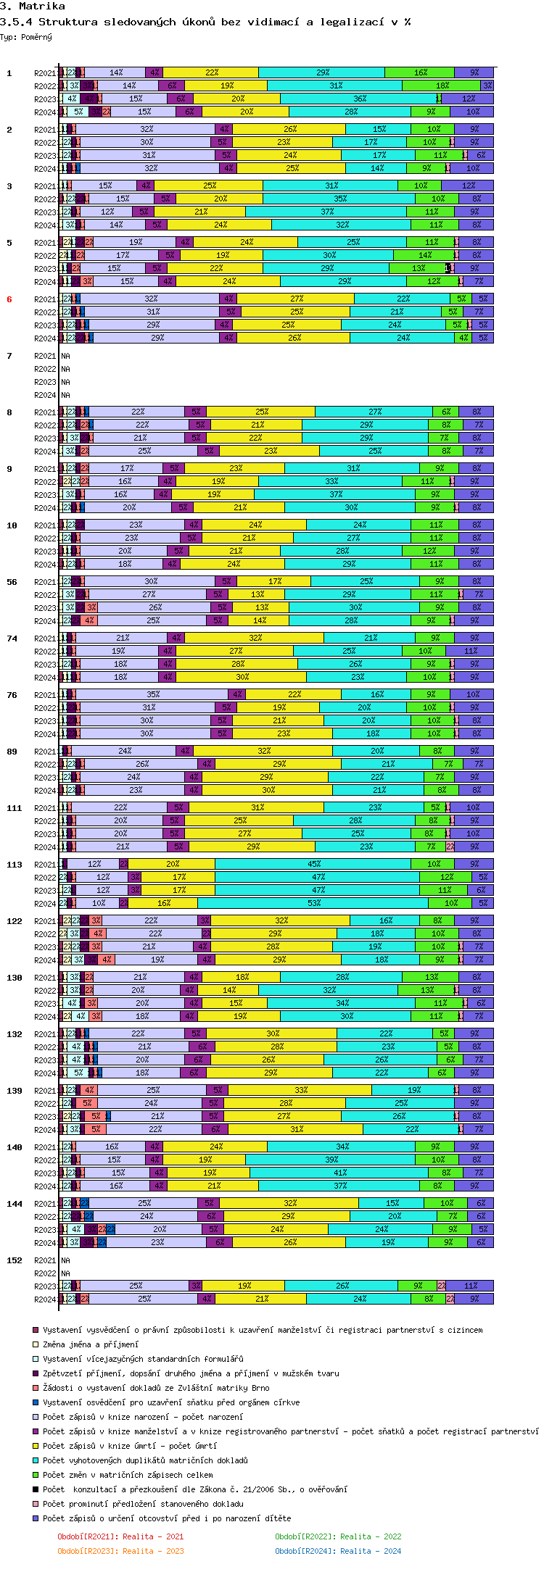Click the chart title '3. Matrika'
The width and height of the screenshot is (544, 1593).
[x=33, y=7]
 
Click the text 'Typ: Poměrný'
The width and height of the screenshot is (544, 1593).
[x=26, y=37]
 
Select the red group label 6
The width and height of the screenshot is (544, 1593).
[x=9, y=299]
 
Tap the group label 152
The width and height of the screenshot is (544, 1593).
[x=15, y=1260]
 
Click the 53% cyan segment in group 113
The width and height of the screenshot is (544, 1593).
[x=313, y=903]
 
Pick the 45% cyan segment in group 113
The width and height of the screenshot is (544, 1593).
[x=313, y=864]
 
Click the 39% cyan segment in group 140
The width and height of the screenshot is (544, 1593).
[x=331, y=1160]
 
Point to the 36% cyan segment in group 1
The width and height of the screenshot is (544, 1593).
[x=360, y=99]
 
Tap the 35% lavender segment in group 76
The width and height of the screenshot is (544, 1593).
[x=152, y=694]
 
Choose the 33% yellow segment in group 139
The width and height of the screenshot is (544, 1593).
[x=301, y=1090]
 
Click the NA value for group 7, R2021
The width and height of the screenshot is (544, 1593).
[x=66, y=356]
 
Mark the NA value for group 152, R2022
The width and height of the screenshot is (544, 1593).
[x=66, y=1273]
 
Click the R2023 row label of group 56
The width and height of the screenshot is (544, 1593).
[x=45, y=608]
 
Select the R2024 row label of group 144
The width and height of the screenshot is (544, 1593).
[x=45, y=1243]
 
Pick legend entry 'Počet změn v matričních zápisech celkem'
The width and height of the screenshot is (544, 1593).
[x=128, y=1475]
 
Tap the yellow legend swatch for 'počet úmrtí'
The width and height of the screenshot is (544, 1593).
[x=36, y=1446]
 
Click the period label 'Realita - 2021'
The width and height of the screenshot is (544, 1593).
[x=121, y=1536]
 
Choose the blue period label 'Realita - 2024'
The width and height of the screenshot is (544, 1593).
[x=339, y=1551]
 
